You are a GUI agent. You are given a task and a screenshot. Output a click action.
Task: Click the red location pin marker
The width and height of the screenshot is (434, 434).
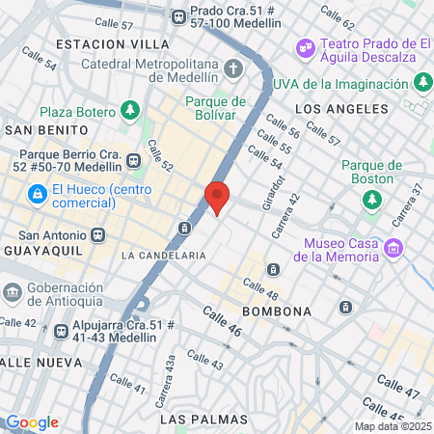tap(218, 197)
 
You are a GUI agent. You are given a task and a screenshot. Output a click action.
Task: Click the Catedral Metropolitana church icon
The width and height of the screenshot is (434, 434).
tap(233, 68)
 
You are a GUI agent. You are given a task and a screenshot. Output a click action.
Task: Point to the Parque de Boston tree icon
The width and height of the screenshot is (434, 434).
tap(371, 199)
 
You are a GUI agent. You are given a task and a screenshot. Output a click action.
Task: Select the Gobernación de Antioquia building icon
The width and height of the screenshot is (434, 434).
tap(13, 290)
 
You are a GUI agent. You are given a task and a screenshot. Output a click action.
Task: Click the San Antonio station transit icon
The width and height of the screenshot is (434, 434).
tap(97, 234)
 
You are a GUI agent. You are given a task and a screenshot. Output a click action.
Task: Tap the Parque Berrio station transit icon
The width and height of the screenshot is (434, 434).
tap(132, 159)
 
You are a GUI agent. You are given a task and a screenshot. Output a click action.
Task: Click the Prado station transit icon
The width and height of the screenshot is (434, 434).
tap(178, 16)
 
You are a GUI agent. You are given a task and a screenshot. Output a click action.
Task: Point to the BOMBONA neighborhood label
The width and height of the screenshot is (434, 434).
tap(277, 312)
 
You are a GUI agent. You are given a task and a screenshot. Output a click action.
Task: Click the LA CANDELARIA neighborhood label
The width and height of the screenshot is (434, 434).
tap(164, 256)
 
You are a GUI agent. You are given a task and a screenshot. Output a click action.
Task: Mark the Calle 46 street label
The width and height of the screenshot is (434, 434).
tap(222, 322)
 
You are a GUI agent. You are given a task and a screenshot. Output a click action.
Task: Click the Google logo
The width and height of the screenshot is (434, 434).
tap(32, 421)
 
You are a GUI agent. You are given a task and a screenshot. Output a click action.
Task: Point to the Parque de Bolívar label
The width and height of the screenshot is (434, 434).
tap(216, 108)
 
